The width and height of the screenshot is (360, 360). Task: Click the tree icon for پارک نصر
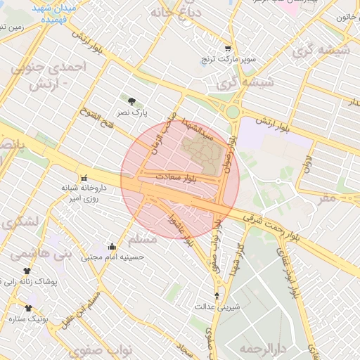131,101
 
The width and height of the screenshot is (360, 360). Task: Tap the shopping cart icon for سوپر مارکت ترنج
227,49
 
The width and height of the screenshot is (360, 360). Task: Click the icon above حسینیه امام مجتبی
112,247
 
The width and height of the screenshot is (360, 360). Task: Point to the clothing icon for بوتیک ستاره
28,308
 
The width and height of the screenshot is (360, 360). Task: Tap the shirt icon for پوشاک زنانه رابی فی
27,271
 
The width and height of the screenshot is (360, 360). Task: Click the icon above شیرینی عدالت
217,296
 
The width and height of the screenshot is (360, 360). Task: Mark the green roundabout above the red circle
233,111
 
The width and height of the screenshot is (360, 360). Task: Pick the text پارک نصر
131,112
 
